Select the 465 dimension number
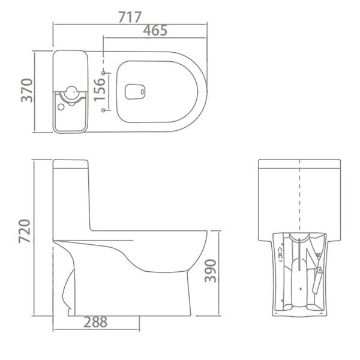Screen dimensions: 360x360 click(x=155, y=31)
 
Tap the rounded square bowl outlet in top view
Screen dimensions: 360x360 click(x=134, y=92)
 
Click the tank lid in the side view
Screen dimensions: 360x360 click(x=71, y=163)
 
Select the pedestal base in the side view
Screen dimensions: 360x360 click(x=132, y=300)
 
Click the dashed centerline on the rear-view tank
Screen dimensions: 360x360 click(x=299, y=180)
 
